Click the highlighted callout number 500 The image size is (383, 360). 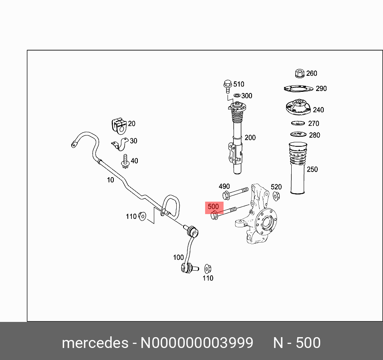[x=213, y=207]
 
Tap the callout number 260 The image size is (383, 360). [x=311, y=73]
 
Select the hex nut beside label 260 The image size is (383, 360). [x=299, y=73]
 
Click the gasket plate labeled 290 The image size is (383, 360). [x=299, y=89]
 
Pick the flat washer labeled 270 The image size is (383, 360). [x=298, y=123]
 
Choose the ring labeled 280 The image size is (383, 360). [x=298, y=134]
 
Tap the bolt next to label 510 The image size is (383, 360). [x=227, y=85]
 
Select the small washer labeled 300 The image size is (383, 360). [x=237, y=95]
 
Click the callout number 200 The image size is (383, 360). [x=250, y=138]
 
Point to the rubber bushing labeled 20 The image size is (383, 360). [x=118, y=125]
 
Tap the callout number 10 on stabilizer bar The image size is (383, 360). [x=110, y=180]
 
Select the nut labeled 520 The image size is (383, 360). [x=276, y=196]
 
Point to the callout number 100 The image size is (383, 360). [x=178, y=257]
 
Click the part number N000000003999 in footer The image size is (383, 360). [x=196, y=343]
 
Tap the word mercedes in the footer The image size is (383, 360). [x=95, y=343]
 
